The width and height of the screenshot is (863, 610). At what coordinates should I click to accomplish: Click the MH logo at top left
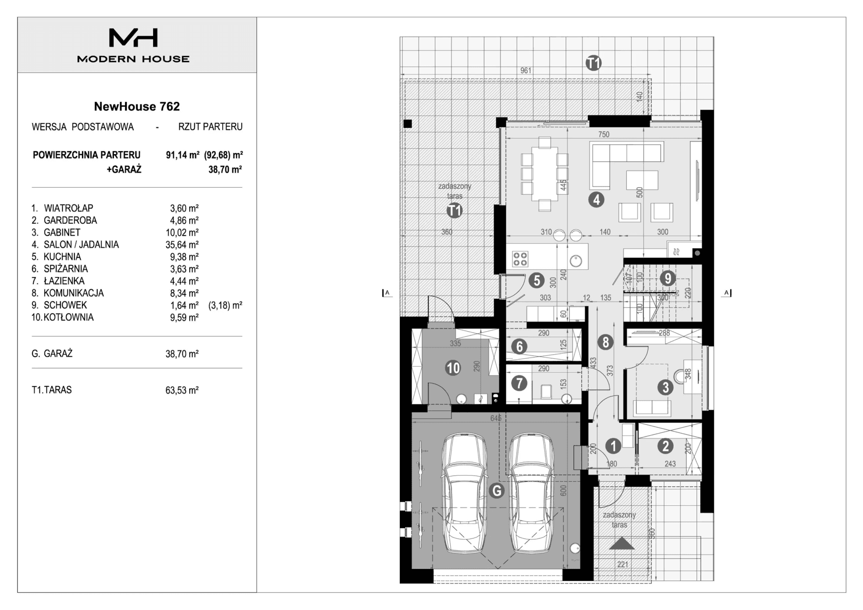(133, 38)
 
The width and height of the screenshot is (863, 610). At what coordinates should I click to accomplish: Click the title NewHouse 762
(137, 106)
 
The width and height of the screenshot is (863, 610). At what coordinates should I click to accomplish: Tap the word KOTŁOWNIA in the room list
(69, 318)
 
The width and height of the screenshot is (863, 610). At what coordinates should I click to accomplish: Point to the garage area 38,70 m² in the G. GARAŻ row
(182, 354)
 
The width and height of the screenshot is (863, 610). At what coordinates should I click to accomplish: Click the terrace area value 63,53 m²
(182, 390)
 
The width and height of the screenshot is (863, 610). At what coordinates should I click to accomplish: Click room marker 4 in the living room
(596, 200)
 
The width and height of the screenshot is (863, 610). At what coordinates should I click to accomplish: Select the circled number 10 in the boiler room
(453, 368)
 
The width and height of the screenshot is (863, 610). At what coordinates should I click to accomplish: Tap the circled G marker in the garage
(496, 491)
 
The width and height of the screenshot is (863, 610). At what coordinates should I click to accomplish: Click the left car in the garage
(464, 494)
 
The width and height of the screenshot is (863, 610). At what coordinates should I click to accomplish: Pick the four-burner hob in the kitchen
(520, 259)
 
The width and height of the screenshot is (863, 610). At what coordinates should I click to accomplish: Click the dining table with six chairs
(545, 173)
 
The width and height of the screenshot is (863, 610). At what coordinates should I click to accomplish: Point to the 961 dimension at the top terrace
(526, 71)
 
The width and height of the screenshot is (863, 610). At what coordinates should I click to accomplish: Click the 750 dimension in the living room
(604, 134)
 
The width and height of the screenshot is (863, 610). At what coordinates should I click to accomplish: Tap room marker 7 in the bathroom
(519, 383)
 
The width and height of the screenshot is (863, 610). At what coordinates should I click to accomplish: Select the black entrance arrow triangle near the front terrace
(621, 544)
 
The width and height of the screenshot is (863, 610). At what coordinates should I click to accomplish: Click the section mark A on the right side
(727, 293)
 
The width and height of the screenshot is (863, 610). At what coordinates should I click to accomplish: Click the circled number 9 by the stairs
(668, 278)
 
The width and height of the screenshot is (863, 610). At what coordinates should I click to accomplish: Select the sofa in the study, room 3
(652, 408)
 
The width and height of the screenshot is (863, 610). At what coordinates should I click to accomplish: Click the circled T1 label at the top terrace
(593, 63)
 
